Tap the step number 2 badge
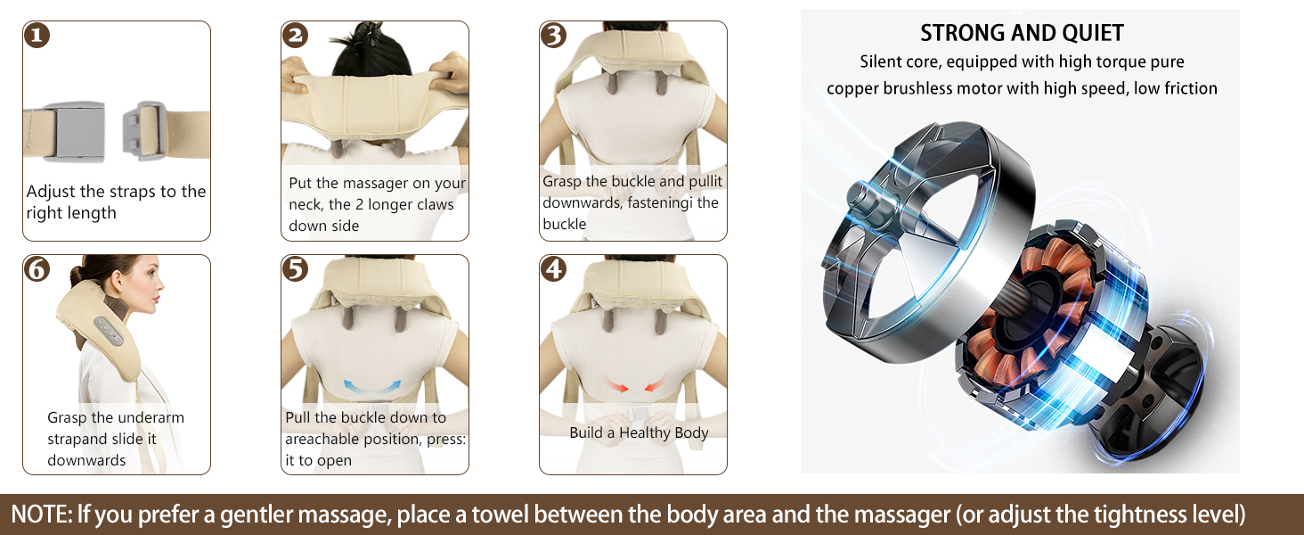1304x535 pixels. coord(296,36)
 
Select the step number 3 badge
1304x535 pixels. coord(554,36)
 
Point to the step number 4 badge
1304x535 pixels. coord(554,269)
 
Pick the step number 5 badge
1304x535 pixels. coord(296,269)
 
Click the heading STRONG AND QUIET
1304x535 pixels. coord(1022,34)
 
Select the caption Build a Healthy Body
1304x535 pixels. coord(639,432)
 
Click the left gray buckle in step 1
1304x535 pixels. coord(75,132)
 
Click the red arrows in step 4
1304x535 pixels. coord(632,385)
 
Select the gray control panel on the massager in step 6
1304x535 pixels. coord(111,332)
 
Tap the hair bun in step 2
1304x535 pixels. coord(371,36)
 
